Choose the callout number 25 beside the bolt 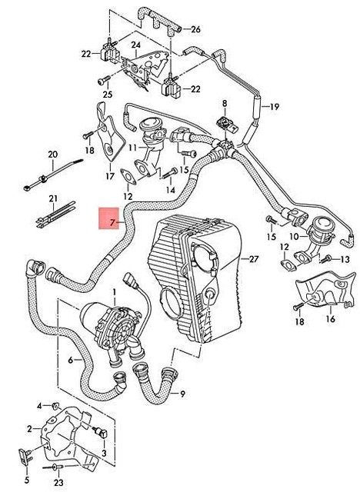[x=108, y=95]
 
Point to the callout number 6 [x=70, y=360]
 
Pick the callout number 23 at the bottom [x=58, y=483]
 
